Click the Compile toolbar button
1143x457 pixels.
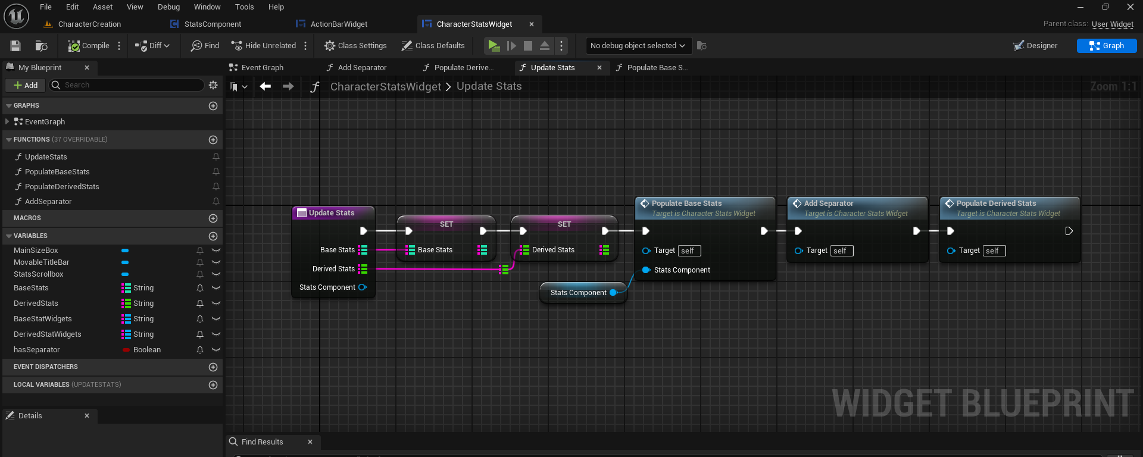pyautogui.click(x=89, y=46)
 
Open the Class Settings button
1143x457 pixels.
pyautogui.click(x=355, y=46)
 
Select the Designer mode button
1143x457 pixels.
pyautogui.click(x=1035, y=46)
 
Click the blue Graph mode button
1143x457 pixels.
pyautogui.click(x=1107, y=46)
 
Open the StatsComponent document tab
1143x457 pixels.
pyautogui.click(x=206, y=24)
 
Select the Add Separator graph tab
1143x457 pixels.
pyautogui.click(x=357, y=68)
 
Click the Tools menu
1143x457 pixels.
pyautogui.click(x=244, y=7)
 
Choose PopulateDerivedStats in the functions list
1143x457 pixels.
pyautogui.click(x=62, y=187)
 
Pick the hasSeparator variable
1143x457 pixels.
pyautogui.click(x=37, y=350)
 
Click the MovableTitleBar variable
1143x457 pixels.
pyautogui.click(x=42, y=262)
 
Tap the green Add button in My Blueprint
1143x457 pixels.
pyautogui.click(x=25, y=86)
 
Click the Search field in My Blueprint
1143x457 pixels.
pyautogui.click(x=127, y=85)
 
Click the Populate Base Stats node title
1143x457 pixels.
pyautogui.click(x=686, y=204)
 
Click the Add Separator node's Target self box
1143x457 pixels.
pyautogui.click(x=842, y=251)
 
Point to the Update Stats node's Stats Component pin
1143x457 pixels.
pyautogui.click(x=363, y=287)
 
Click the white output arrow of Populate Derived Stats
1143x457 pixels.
pyautogui.click(x=1069, y=231)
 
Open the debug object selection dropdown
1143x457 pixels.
pyautogui.click(x=637, y=46)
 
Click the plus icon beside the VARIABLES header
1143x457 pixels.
pyautogui.click(x=213, y=236)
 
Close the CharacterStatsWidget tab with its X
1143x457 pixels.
pyautogui.click(x=532, y=24)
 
